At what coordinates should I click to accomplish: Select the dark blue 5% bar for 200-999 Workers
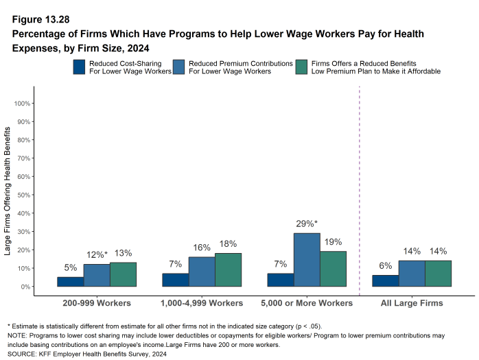(x=71, y=281)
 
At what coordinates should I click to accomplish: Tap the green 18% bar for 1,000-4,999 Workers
(x=228, y=269)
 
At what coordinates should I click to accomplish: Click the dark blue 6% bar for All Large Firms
(x=385, y=280)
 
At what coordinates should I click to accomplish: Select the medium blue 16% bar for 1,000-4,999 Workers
(x=202, y=272)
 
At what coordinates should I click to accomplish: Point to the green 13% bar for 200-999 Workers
(x=123, y=274)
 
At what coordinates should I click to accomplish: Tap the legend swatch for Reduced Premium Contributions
(x=179, y=67)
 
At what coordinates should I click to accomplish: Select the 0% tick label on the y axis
(x=25, y=287)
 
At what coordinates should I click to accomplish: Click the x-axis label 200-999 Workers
(x=97, y=302)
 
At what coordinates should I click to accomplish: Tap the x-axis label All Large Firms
(x=412, y=302)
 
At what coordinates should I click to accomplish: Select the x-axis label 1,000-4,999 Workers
(x=202, y=302)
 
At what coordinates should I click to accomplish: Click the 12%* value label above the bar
(x=97, y=255)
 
